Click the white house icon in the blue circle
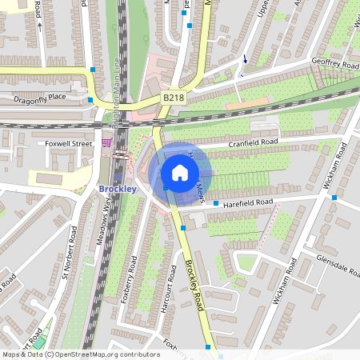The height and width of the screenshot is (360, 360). click(x=180, y=172)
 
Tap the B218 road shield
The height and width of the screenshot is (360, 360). click(x=174, y=98)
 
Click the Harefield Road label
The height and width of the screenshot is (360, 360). click(x=249, y=202)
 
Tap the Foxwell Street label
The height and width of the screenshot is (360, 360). click(x=69, y=143)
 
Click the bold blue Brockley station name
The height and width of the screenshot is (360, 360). click(x=118, y=188)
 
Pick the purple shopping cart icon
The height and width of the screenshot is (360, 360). click(x=106, y=142)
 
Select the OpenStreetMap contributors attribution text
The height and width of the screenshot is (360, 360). click(x=80, y=354)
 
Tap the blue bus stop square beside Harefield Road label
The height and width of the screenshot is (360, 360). click(x=215, y=203)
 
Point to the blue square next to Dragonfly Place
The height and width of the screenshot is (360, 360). click(x=90, y=100)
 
